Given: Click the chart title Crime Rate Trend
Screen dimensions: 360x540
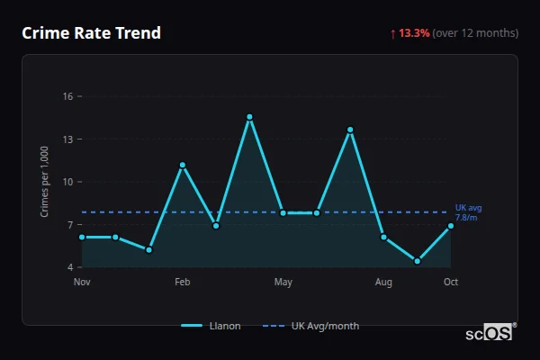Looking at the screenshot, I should [x=92, y=33].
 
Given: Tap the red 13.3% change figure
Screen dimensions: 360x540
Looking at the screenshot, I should [x=415, y=33].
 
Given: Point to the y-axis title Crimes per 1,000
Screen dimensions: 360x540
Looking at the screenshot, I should [x=45, y=182].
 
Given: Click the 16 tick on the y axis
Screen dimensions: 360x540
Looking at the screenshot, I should [x=67, y=96].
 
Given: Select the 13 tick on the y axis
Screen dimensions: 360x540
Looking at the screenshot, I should [x=67, y=139].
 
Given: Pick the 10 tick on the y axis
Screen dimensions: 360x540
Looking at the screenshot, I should [x=67, y=182].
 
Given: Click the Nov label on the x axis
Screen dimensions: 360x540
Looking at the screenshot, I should [x=82, y=283].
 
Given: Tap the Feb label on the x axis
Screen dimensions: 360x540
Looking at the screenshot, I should [x=183, y=283].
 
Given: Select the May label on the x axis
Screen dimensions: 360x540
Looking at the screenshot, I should [x=283, y=283].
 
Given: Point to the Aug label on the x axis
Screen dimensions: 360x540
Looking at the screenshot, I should [x=384, y=283].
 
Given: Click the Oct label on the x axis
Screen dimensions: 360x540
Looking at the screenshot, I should [x=451, y=283].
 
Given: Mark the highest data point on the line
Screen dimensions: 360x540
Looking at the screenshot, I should [x=249, y=117].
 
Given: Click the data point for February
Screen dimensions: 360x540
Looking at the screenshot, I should [x=183, y=165].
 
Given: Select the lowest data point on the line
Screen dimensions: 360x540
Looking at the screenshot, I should [x=418, y=261].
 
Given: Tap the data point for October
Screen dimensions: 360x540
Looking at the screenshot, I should [x=451, y=226].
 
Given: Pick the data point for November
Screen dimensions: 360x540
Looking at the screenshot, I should [x=82, y=237].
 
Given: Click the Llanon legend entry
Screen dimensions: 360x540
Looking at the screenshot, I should [x=211, y=326].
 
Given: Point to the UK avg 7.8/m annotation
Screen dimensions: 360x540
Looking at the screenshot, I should [x=467, y=212].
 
